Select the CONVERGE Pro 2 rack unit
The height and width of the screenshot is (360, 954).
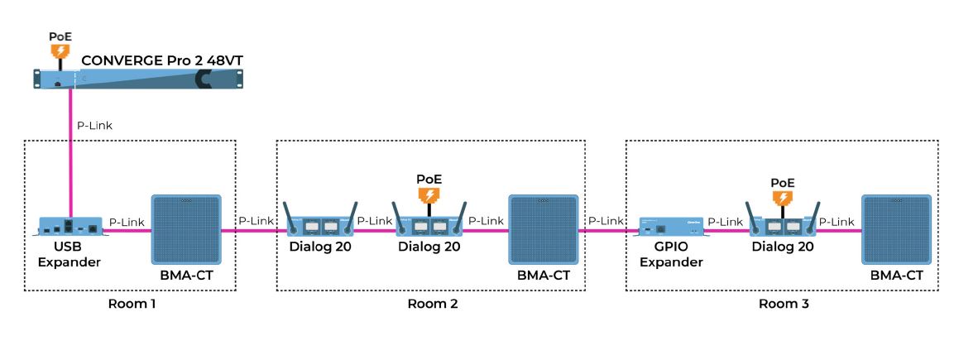[140, 79]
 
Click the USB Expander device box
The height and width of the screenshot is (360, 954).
[71, 227]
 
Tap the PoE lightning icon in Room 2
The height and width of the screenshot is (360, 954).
[429, 195]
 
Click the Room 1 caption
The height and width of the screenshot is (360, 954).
[132, 304]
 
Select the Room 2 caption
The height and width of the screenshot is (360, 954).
[432, 304]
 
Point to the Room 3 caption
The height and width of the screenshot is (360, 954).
[784, 304]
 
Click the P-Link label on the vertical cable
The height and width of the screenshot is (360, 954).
[94, 126]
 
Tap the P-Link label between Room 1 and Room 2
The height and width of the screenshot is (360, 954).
[256, 221]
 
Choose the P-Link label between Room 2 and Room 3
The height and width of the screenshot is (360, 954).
[606, 221]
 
